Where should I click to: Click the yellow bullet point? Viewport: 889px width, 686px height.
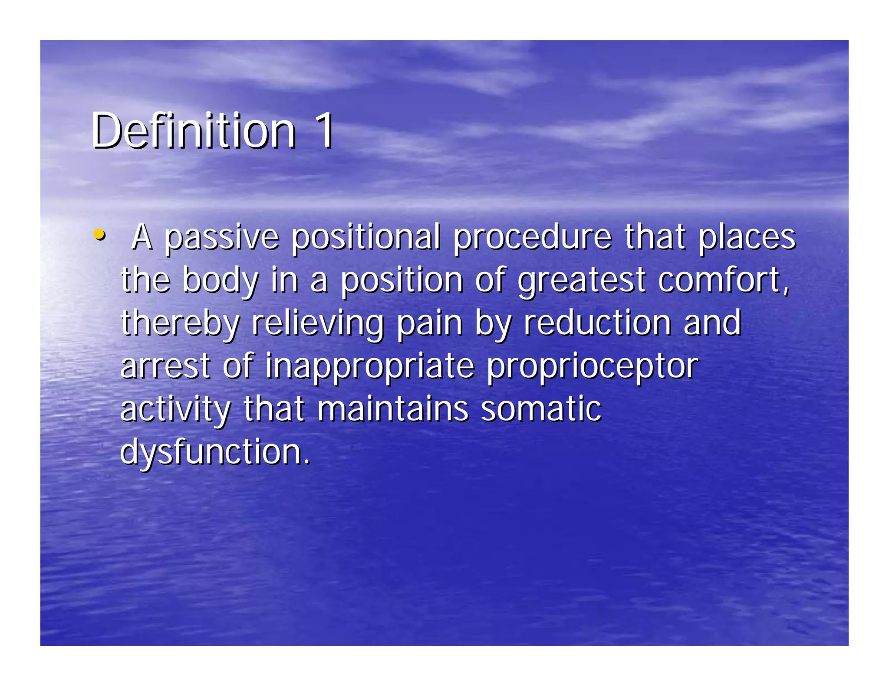[x=99, y=235]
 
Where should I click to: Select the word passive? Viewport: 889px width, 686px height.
[x=221, y=238]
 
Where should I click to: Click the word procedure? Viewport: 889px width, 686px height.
[x=532, y=238]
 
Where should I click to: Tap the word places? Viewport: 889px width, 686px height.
[x=747, y=238]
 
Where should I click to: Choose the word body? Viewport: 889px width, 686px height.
[x=221, y=281]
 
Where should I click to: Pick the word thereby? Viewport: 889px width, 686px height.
[x=180, y=323]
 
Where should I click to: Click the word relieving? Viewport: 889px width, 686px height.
[x=318, y=323]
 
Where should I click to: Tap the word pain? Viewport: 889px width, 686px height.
[x=430, y=323]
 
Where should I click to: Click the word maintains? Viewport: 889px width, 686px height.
[x=393, y=408]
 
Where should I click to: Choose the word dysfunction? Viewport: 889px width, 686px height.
[x=214, y=452]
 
